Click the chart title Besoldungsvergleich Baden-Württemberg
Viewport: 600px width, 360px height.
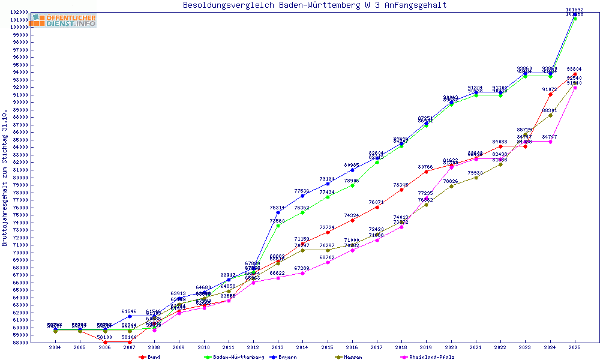click(314, 5)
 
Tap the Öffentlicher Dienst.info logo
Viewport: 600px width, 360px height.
click(64, 21)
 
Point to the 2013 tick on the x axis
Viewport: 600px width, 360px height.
click(278, 347)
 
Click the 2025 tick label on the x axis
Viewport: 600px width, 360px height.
click(575, 347)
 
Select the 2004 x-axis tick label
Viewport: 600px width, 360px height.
click(55, 347)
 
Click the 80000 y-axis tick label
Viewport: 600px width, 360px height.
click(20, 178)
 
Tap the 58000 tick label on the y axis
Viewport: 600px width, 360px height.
click(20, 343)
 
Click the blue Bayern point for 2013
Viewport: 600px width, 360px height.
click(278, 212)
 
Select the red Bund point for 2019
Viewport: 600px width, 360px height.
click(427, 172)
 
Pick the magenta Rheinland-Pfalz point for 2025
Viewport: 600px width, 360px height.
click(575, 88)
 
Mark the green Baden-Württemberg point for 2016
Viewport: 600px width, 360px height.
click(352, 185)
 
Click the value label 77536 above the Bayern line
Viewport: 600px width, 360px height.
click(302, 191)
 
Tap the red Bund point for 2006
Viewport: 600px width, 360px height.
click(105, 342)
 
